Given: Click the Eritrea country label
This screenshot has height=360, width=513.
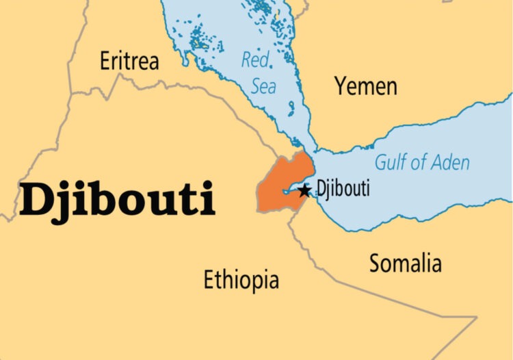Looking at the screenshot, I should point(129,61).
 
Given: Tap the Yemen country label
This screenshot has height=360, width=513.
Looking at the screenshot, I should point(365,86).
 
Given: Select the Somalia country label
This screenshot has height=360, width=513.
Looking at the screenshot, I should point(406,263).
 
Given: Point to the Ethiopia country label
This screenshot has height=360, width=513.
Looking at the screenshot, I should point(241,279).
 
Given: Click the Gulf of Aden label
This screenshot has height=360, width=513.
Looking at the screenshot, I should point(422,163).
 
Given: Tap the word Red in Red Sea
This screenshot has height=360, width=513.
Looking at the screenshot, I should point(256,61).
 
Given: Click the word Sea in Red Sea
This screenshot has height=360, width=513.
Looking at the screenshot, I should point(263,87).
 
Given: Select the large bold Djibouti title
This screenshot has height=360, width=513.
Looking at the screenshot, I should point(117,199).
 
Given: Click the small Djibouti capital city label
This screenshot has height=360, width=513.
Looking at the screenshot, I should point(343,188).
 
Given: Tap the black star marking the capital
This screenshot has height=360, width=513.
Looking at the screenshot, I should point(304,191).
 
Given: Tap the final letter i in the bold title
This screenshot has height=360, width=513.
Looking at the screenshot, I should point(208,198).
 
